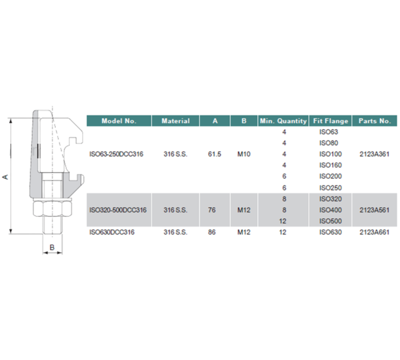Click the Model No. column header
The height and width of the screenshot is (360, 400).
tap(119, 121)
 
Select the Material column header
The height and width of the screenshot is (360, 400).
tap(176, 121)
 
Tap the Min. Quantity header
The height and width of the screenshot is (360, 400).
tap(283, 121)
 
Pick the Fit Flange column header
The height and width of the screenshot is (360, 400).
tap(330, 121)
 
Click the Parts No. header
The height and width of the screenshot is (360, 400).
tap(375, 121)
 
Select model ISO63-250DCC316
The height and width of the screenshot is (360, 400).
tap(116, 154)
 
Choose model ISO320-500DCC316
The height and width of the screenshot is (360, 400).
tap(118, 210)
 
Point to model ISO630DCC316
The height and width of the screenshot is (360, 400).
tap(113, 232)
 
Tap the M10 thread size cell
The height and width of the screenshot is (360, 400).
tap(244, 154)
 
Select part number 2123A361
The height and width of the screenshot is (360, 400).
tap(375, 154)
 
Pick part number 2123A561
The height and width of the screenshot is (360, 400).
tap(375, 210)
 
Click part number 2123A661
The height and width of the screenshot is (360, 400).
tap(375, 232)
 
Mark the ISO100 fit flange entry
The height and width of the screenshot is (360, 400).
tap(330, 154)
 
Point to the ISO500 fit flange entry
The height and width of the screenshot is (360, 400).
tap(330, 221)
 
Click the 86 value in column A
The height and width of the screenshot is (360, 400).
tap(211, 232)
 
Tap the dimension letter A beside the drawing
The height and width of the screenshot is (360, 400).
tap(5, 177)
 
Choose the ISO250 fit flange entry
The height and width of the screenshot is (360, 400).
tap(330, 188)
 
